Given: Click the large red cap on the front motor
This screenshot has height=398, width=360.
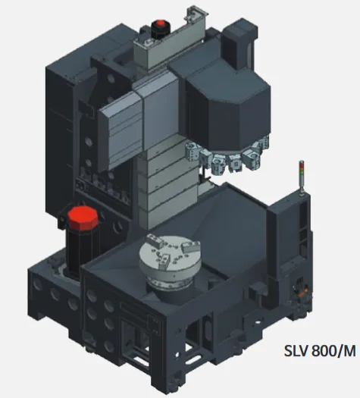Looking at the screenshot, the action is (83, 218).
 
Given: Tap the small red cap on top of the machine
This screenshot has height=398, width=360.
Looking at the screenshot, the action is (161, 24).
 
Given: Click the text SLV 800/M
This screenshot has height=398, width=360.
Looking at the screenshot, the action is (320, 351).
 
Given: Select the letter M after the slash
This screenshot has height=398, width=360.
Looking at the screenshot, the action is (349, 351).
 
